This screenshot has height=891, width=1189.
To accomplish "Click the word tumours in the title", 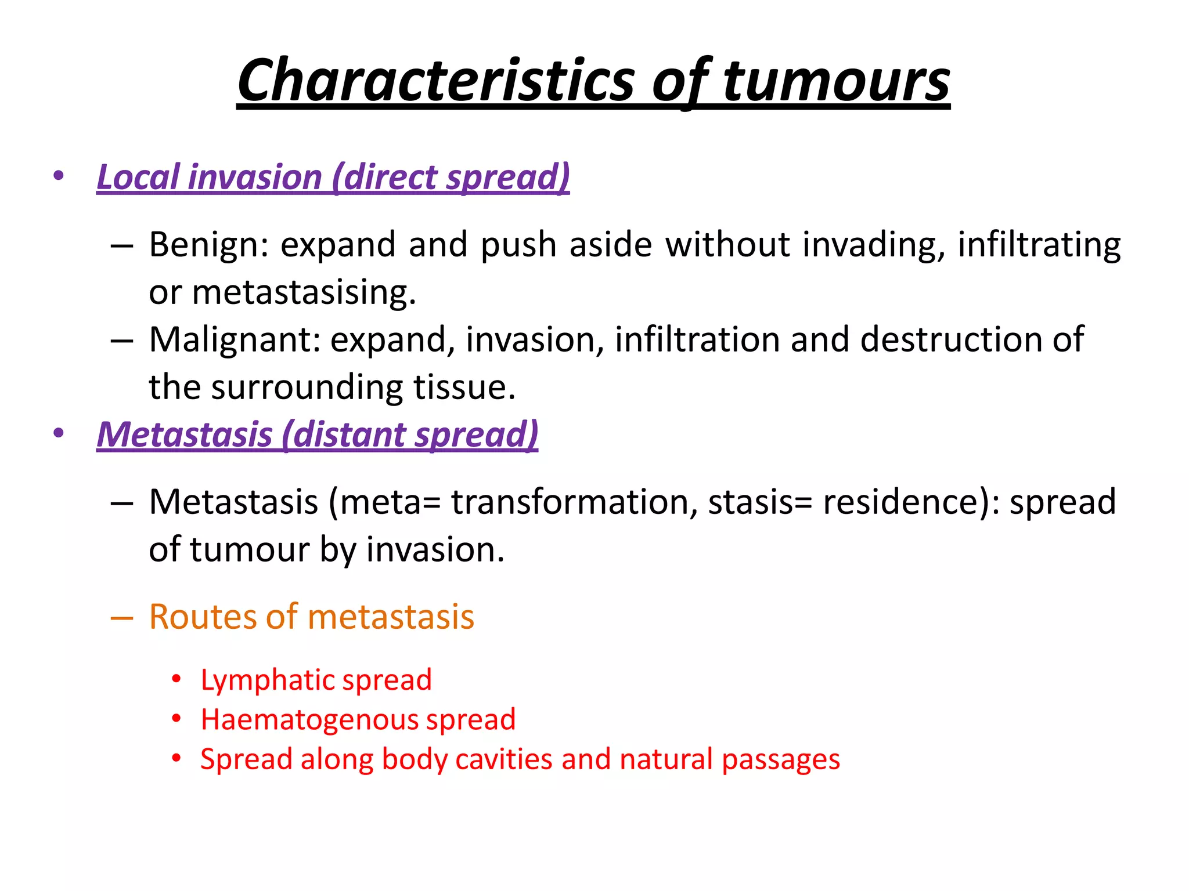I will coord(835,80).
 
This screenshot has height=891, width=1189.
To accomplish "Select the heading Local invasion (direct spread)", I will coord(333,177).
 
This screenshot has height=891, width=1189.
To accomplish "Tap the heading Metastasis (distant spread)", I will coord(317,434).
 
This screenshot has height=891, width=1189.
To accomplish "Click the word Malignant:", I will coord(235,340).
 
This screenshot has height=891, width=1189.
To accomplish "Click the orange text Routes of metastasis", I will coord(311,617).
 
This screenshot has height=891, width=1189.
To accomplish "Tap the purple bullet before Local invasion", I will coord(58,176).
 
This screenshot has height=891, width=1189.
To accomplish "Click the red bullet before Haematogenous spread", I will coord(176,719).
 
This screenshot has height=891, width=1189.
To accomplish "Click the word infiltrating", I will coord(1039,245).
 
